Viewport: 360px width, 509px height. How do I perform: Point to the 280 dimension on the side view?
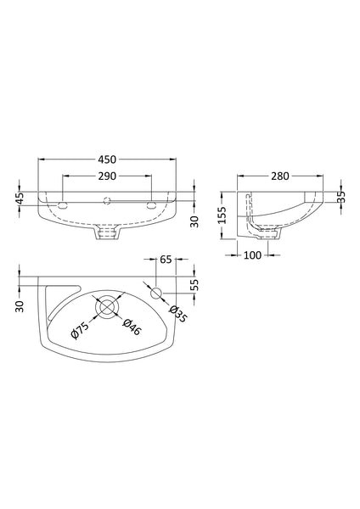280,176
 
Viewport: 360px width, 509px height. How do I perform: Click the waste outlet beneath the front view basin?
107,230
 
